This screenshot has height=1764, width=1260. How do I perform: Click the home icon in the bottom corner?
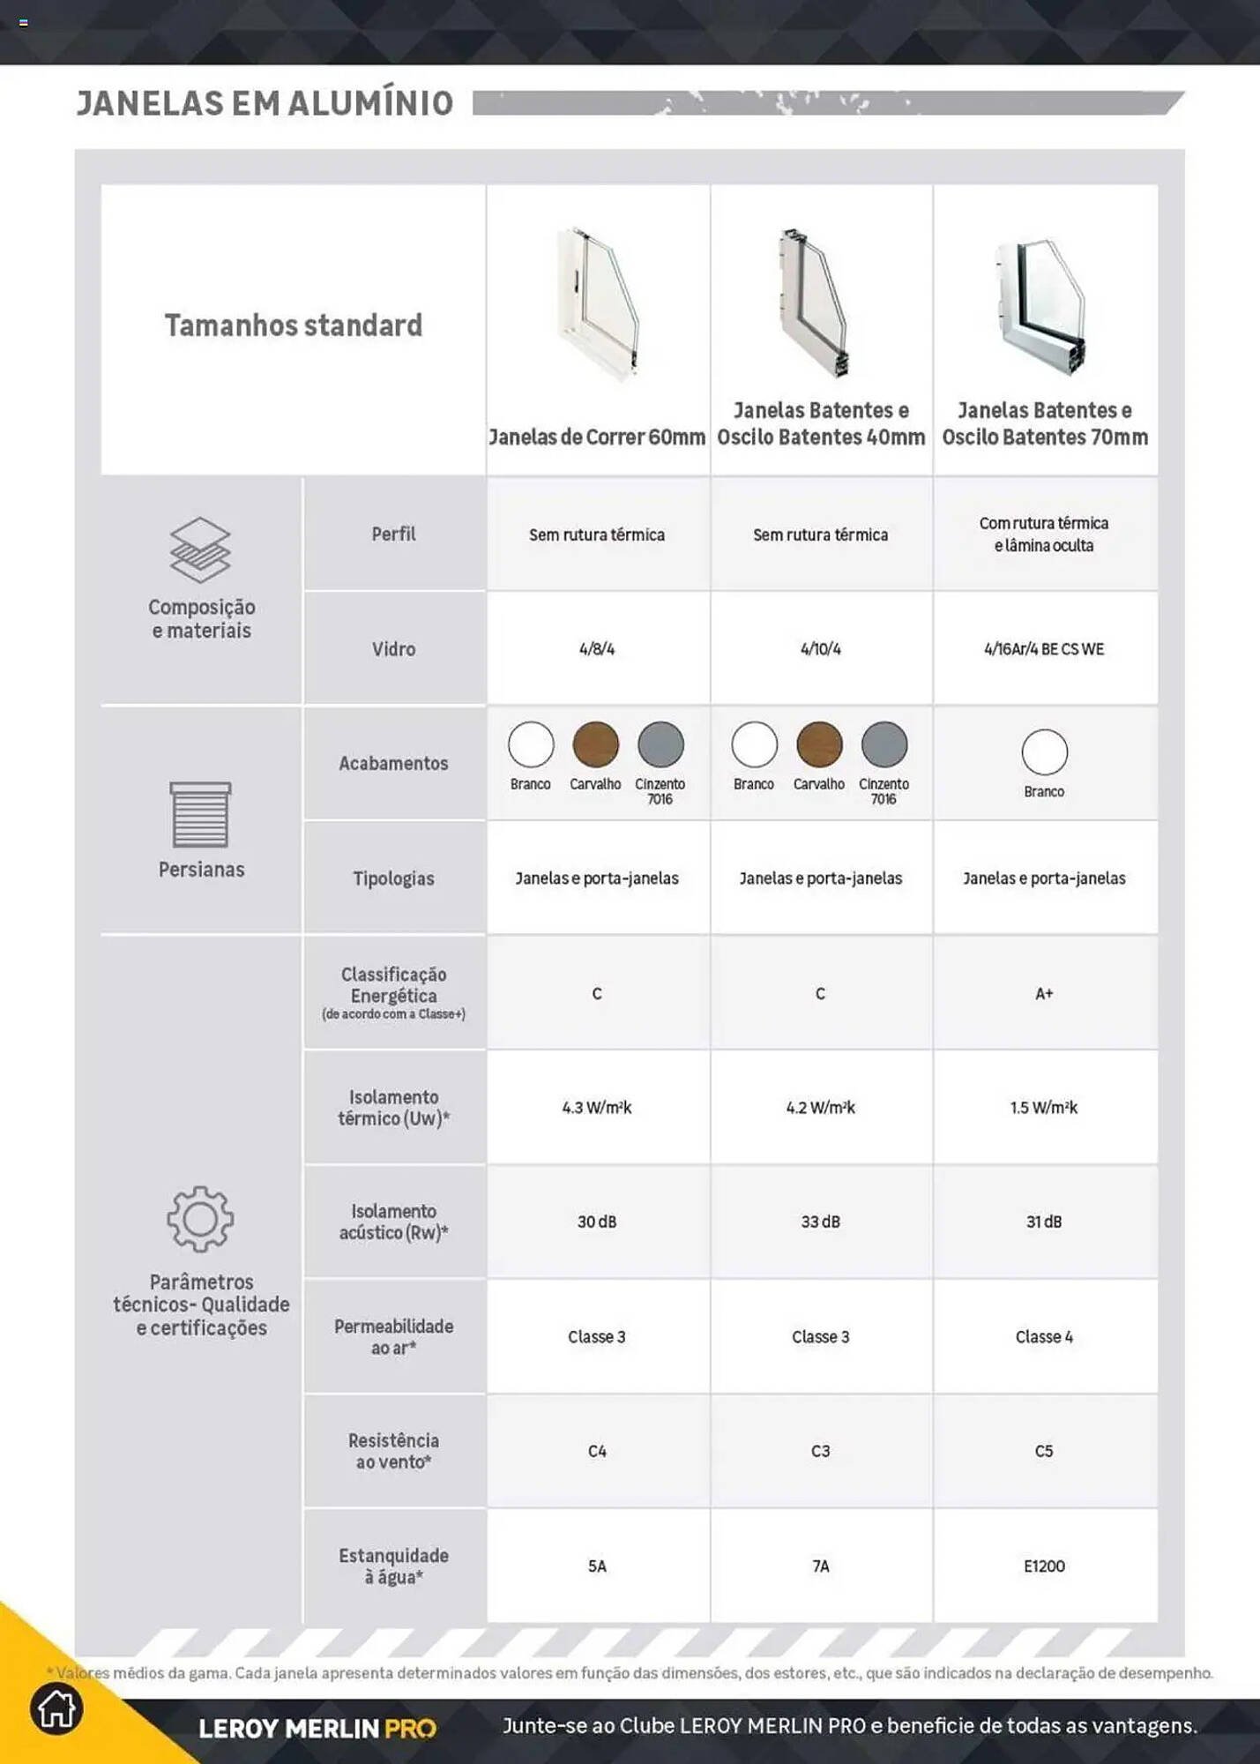coord(56,1708)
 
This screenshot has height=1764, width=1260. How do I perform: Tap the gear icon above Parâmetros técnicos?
coord(200,1219)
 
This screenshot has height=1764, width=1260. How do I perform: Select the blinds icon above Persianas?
coord(200,814)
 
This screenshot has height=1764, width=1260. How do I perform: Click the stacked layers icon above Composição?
coord(200,549)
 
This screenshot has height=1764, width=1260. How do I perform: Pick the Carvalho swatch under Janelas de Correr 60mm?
coord(595,744)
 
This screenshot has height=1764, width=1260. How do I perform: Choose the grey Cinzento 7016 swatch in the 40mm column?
coord(883,744)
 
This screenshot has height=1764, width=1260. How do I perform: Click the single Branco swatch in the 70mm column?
coord(1044,751)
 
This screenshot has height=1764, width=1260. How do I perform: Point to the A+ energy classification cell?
coord(1044,994)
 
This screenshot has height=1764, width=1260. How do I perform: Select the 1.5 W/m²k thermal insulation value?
coord(1044,1108)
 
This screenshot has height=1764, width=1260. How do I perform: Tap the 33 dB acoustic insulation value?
coord(820,1222)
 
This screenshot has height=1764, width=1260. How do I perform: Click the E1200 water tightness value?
coord(1044,1566)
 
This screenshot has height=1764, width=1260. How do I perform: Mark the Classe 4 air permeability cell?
coord(1044,1336)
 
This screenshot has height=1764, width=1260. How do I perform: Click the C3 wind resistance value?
coord(820,1451)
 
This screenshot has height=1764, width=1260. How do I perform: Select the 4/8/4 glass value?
coord(597,649)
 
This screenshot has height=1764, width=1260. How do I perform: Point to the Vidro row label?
coord(393,649)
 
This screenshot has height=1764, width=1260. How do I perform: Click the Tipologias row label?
coord(393,878)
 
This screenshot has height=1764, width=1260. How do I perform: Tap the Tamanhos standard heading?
coord(294,325)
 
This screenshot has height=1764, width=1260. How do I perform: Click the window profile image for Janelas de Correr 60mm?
coord(597,303)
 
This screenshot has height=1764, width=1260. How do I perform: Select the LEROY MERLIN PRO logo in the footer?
coord(317,1728)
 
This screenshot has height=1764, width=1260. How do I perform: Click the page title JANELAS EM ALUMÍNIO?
coord(265,103)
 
